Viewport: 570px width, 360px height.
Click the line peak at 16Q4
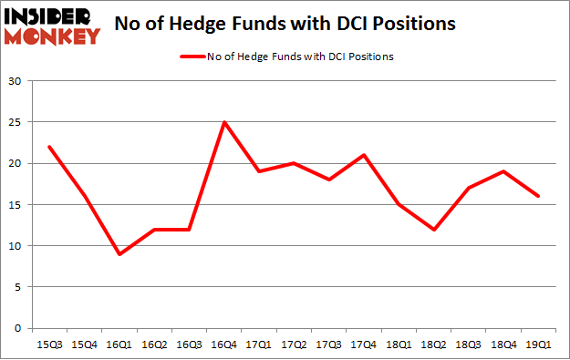click(224, 122)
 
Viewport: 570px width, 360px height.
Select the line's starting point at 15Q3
click(50, 147)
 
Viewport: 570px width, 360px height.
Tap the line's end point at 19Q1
click(539, 196)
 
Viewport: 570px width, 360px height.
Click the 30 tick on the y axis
click(16, 81)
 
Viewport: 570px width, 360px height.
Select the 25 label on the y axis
click(16, 122)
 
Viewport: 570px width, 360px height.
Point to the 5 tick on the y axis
click(18, 287)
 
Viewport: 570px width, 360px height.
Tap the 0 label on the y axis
click(18, 328)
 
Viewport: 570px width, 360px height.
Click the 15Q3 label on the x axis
click(50, 344)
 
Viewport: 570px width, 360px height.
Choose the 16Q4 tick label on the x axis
click(224, 344)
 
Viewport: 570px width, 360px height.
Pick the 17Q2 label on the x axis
click(295, 344)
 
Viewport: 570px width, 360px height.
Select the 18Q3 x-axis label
click(469, 344)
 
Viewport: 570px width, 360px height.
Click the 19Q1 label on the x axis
click(539, 344)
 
